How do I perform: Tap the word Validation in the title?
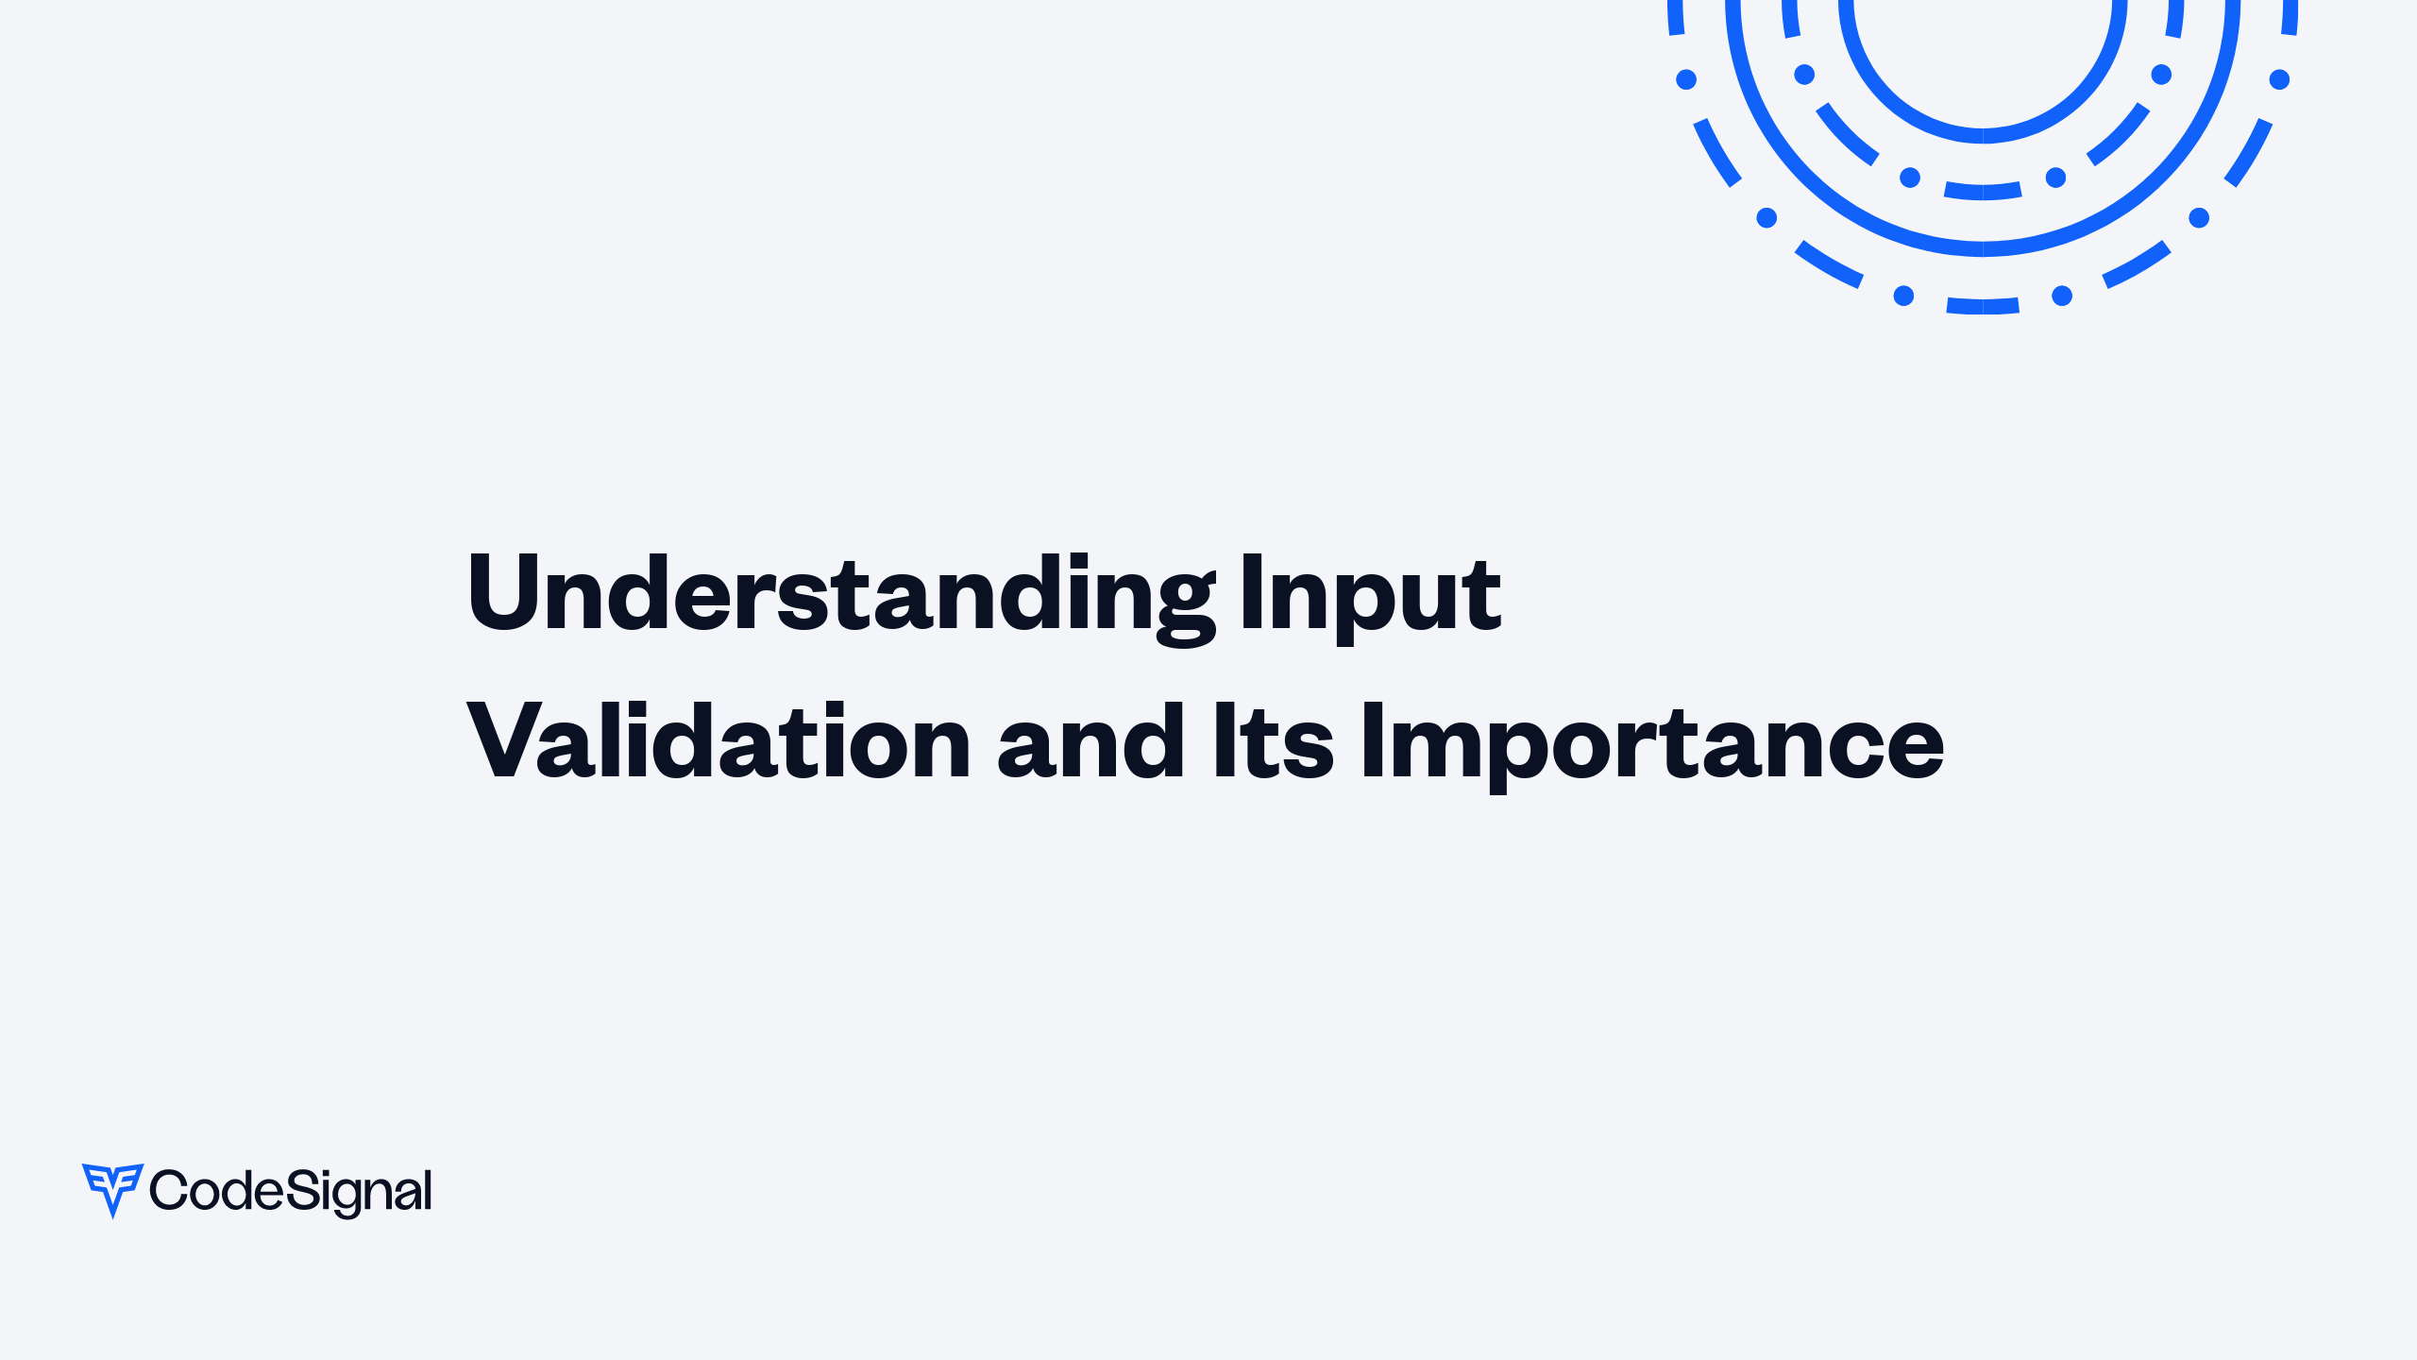pos(718,743)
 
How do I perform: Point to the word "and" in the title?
pos(1090,743)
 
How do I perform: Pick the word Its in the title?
pos(1273,743)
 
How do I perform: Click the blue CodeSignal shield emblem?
pos(112,1188)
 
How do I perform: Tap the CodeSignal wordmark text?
pos(291,1191)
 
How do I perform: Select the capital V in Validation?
pos(500,741)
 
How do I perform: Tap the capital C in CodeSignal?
pos(170,1190)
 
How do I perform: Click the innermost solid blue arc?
pos(1983,136)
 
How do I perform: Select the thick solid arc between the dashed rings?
pos(1983,248)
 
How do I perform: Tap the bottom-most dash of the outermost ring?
pos(1983,306)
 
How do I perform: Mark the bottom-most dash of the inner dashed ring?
pos(1983,192)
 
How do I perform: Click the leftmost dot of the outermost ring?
pos(1686,79)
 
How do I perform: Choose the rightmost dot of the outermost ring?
pos(2279,79)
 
